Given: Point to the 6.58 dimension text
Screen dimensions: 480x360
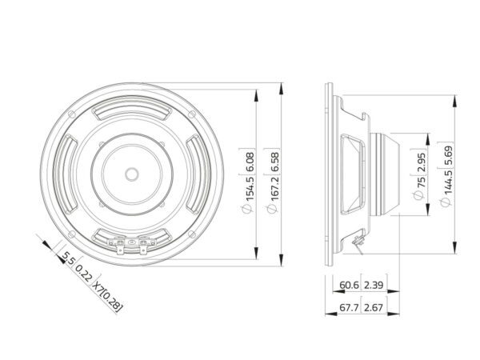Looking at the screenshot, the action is pos(274,162).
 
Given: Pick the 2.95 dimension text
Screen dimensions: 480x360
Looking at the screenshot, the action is pos(422,162).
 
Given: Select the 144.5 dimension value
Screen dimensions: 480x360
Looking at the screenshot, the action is pos(447,182).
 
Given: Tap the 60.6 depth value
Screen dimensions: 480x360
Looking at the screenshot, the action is pos(349,285).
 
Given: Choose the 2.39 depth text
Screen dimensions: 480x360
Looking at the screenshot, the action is pos(374,285).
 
